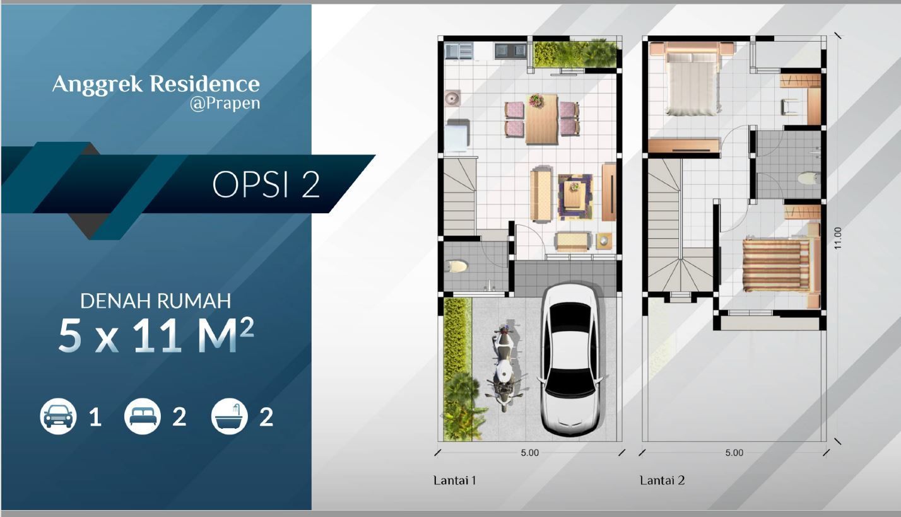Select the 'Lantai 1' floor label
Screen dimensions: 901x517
[455, 480]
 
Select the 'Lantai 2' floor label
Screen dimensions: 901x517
[662, 480]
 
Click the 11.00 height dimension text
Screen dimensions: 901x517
[837, 238]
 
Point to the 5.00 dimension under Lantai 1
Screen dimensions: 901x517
[530, 453]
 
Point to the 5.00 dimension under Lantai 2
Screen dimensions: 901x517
[734, 453]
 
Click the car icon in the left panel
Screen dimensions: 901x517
[58, 416]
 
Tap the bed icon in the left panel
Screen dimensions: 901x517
[143, 416]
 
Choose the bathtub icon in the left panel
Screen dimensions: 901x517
[229, 416]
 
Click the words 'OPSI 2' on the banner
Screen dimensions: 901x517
[266, 185]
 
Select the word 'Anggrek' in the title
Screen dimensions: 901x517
[98, 85]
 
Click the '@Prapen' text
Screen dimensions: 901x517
[225, 103]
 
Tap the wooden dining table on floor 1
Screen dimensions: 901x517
[541, 119]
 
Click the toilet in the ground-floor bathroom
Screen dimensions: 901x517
[456, 266]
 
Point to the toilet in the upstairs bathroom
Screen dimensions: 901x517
[809, 178]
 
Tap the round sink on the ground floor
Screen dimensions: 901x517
[452, 98]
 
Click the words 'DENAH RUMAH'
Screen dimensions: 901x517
[156, 301]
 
